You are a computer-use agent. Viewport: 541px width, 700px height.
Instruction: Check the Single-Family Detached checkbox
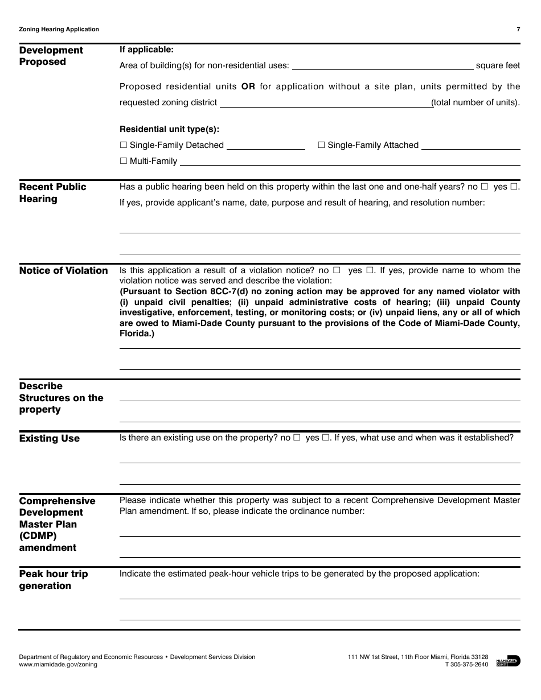124,145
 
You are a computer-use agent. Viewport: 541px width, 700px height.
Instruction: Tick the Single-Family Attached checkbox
321,145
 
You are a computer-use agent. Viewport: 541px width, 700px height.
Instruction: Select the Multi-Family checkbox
124,161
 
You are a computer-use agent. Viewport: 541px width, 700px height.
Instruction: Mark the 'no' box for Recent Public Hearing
485,187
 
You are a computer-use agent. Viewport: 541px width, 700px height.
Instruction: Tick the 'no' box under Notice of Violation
337,270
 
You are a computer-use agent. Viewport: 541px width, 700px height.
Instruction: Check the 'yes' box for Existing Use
326,438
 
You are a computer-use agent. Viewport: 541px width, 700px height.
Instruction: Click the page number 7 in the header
518,30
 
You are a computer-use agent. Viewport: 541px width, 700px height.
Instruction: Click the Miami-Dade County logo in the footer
508,661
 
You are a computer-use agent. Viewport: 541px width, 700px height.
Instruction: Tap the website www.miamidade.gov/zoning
58,664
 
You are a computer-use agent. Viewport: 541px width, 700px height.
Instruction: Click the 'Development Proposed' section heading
51,56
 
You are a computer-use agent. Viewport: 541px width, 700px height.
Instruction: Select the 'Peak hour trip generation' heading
54,579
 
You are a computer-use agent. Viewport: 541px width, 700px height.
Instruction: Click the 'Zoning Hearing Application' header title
59,30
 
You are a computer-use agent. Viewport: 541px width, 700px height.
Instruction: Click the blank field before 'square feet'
382,65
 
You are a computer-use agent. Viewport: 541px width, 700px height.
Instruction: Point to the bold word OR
248,87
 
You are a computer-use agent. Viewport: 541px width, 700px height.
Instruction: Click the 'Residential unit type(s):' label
169,129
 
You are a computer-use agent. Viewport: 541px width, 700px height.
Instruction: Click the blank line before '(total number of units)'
325,103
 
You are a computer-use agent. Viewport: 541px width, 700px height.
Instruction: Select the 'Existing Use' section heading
50,438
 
